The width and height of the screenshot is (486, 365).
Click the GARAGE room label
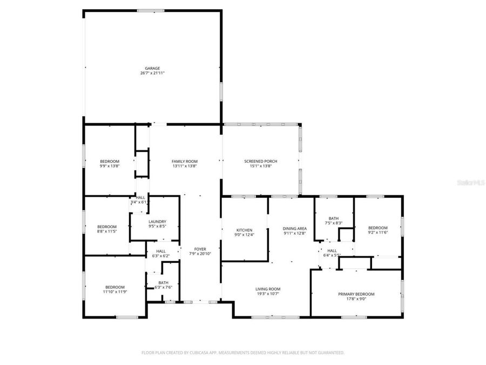152,68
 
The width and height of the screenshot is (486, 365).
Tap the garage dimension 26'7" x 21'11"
152,73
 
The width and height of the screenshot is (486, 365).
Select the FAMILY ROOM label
184,161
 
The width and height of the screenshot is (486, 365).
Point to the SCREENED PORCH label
257,161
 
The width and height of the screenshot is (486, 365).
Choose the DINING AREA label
295,229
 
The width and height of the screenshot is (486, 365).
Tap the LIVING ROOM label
268,289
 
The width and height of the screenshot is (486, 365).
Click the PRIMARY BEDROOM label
356,294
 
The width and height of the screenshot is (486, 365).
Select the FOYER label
200,249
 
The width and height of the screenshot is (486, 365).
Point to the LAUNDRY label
157,222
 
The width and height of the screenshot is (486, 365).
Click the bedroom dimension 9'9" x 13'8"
110,166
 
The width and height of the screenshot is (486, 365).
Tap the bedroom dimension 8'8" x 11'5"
107,231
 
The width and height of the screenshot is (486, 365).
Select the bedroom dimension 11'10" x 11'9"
115,292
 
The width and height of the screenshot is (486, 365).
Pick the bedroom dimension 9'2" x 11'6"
377,233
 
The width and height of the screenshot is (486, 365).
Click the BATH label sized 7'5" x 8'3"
333,218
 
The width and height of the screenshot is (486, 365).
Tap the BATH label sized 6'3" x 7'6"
163,282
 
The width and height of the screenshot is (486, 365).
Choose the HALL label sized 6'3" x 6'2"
161,251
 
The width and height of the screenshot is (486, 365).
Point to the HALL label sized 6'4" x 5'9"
332,250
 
